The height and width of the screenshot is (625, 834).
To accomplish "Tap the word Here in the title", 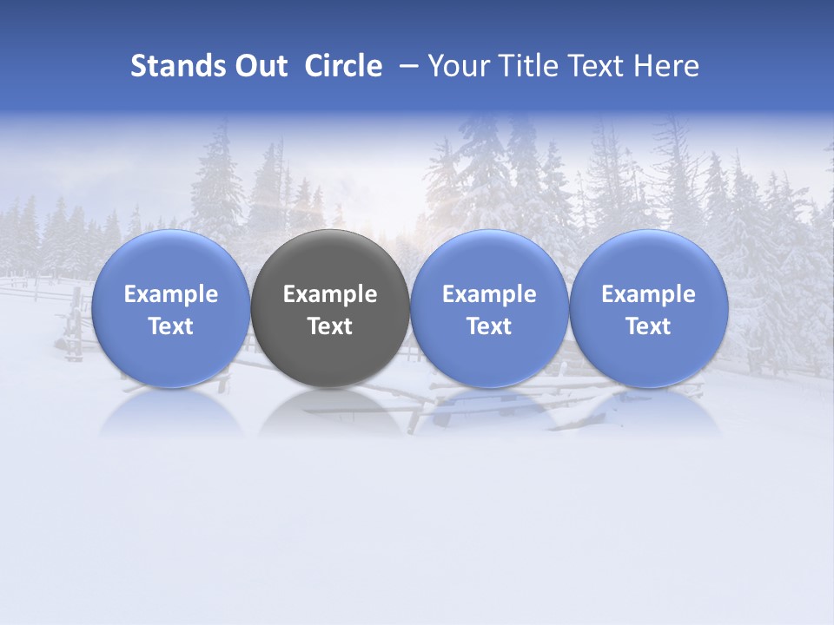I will click(x=667, y=66).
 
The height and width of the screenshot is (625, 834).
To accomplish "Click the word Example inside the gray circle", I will click(x=330, y=294).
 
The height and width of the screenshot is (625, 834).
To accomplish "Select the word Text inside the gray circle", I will click(x=330, y=326).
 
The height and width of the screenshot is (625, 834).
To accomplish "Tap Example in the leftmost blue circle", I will click(x=171, y=294).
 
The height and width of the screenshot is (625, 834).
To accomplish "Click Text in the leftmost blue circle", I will click(x=171, y=326).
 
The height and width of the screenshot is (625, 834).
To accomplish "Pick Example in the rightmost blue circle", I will click(x=648, y=294).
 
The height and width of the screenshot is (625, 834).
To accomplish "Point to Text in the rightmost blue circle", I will click(x=648, y=326).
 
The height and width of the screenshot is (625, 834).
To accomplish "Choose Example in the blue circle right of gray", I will click(x=489, y=294).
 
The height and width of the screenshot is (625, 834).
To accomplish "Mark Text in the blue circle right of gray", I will click(x=489, y=326).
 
